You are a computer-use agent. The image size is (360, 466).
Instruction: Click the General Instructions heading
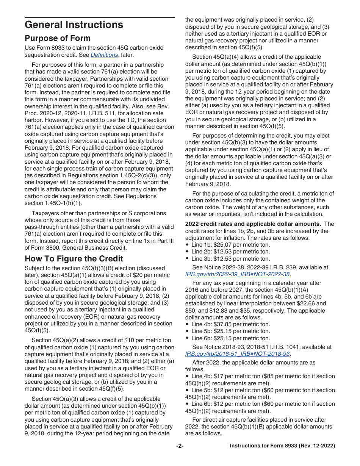(74, 25)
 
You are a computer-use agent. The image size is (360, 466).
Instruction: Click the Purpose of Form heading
(58, 38)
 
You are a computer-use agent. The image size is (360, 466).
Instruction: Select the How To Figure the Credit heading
(74, 259)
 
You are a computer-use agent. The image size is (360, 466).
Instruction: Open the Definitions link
(104, 55)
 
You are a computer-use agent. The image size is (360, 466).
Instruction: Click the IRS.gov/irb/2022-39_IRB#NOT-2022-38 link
(237, 274)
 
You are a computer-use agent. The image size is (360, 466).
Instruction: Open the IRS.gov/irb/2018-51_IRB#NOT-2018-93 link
(237, 354)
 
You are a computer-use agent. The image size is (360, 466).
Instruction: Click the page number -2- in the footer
(180, 446)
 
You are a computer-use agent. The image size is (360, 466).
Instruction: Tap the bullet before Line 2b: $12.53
(187, 252)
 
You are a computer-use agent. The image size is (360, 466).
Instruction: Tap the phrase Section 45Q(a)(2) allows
(64, 340)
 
